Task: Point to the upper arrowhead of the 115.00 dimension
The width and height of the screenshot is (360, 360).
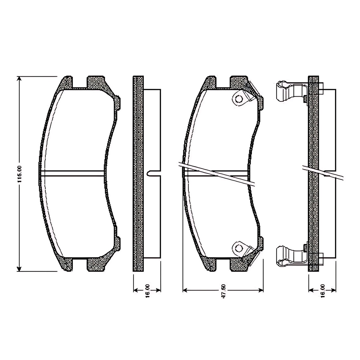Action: [19, 79]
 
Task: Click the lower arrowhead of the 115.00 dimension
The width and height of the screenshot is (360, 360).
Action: [19, 268]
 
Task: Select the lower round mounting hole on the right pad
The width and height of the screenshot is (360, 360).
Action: [238, 248]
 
